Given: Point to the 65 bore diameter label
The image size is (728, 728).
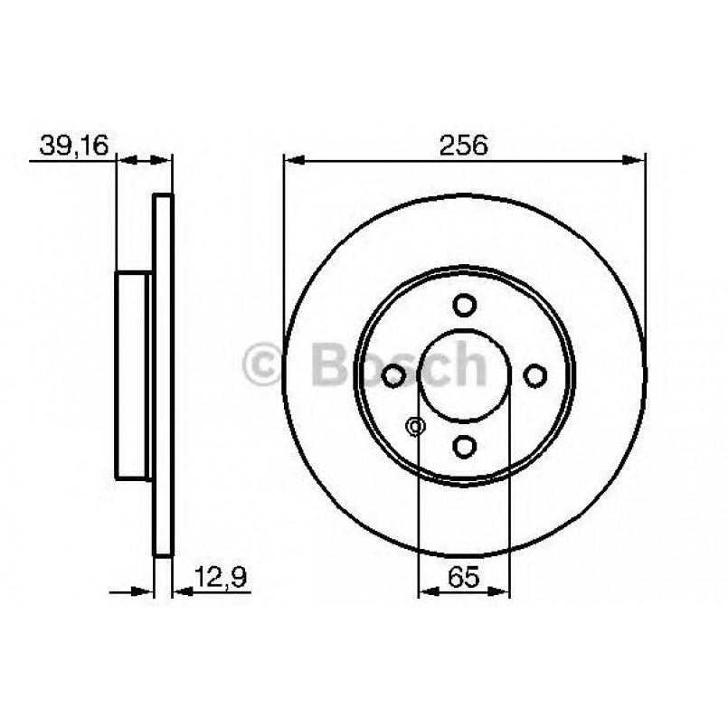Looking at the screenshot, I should click(x=463, y=575).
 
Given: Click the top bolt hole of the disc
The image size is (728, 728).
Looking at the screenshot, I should click(x=465, y=304).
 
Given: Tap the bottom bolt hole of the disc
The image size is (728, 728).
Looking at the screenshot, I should click(x=465, y=445).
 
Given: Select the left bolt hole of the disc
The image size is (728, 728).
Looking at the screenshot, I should click(x=394, y=374).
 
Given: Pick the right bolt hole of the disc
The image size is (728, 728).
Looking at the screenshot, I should click(x=535, y=374).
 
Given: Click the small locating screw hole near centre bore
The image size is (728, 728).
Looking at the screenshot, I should click(x=416, y=426).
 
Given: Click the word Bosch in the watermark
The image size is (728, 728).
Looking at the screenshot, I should click(x=398, y=363).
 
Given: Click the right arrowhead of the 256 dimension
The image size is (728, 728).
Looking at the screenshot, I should click(x=638, y=161).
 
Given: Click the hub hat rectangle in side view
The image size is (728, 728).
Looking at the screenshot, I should click(x=132, y=374).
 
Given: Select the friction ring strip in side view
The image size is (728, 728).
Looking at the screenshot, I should click(x=163, y=374).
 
